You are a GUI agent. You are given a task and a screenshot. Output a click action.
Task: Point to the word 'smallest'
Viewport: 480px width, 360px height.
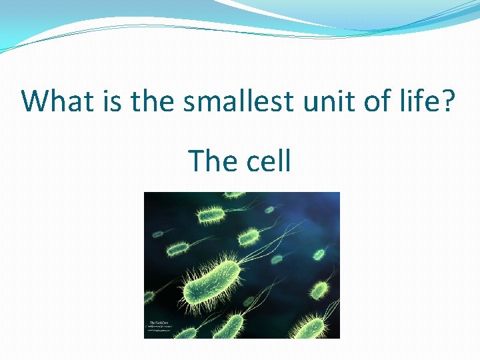point(238,101)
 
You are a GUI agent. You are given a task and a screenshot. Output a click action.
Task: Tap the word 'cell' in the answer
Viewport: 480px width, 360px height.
point(269,161)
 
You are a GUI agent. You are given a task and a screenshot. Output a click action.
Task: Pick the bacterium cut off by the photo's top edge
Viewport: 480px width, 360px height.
point(233,196)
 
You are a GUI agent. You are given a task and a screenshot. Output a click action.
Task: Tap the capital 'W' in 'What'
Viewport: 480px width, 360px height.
point(37,101)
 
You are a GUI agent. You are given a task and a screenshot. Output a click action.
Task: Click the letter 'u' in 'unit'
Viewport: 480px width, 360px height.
point(307,103)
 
